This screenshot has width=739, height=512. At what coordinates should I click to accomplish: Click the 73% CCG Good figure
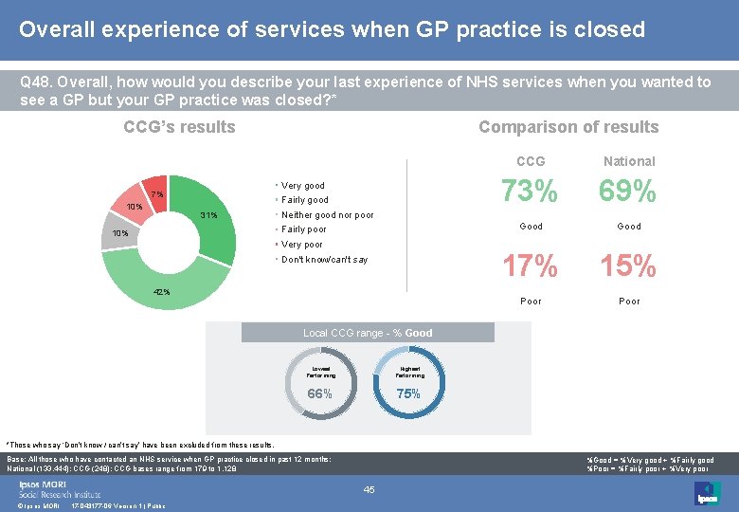(x=530, y=192)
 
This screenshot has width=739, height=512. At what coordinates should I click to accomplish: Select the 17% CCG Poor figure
(x=530, y=267)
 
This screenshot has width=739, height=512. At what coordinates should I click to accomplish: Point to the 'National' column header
(x=629, y=161)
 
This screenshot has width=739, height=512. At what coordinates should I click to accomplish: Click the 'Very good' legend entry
(x=302, y=186)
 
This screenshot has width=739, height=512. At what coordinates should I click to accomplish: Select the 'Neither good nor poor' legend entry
(x=327, y=215)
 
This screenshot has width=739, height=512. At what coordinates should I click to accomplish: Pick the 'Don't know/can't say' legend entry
(x=324, y=260)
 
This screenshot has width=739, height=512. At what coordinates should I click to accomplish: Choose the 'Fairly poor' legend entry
(x=303, y=229)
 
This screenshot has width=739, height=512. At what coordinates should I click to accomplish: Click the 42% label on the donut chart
(x=162, y=292)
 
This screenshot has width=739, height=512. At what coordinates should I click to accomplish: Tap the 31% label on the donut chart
(x=208, y=215)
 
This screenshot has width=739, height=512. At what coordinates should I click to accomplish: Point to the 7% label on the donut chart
(x=156, y=194)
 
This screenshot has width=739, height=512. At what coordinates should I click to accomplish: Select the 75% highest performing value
(x=408, y=394)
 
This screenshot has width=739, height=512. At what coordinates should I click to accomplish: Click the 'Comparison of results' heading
(x=568, y=127)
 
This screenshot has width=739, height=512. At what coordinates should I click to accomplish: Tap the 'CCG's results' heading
(x=179, y=127)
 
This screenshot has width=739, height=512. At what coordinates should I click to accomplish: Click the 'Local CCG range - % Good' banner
(x=368, y=333)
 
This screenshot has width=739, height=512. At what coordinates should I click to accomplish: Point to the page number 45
(x=369, y=489)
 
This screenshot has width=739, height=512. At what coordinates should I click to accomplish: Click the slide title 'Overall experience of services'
(x=332, y=29)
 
